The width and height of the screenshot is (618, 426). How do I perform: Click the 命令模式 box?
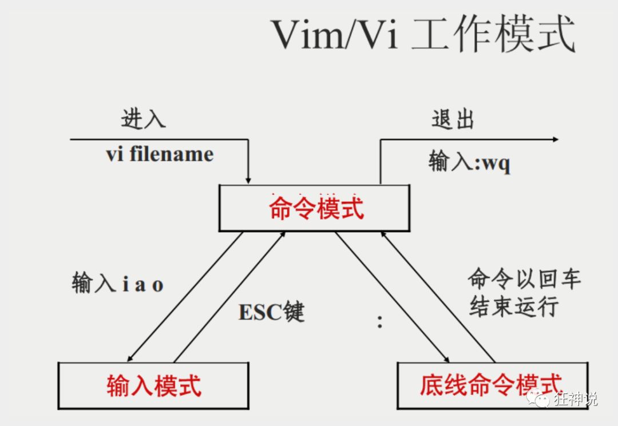[314, 208]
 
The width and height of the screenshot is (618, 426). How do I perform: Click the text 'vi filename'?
[160, 154]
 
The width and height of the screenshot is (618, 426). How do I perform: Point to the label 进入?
[143, 118]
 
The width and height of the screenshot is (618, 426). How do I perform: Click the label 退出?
[453, 120]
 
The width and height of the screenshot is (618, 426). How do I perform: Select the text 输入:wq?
[469, 162]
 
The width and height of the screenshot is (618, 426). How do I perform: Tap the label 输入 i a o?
[117, 284]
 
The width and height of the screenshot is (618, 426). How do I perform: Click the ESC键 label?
[271, 312]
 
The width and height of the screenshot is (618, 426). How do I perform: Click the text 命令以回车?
[524, 279]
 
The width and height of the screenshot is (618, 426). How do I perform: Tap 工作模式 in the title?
[492, 35]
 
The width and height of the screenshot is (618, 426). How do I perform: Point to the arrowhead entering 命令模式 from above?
[248, 180]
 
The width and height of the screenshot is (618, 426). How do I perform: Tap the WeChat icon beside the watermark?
[540, 397]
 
